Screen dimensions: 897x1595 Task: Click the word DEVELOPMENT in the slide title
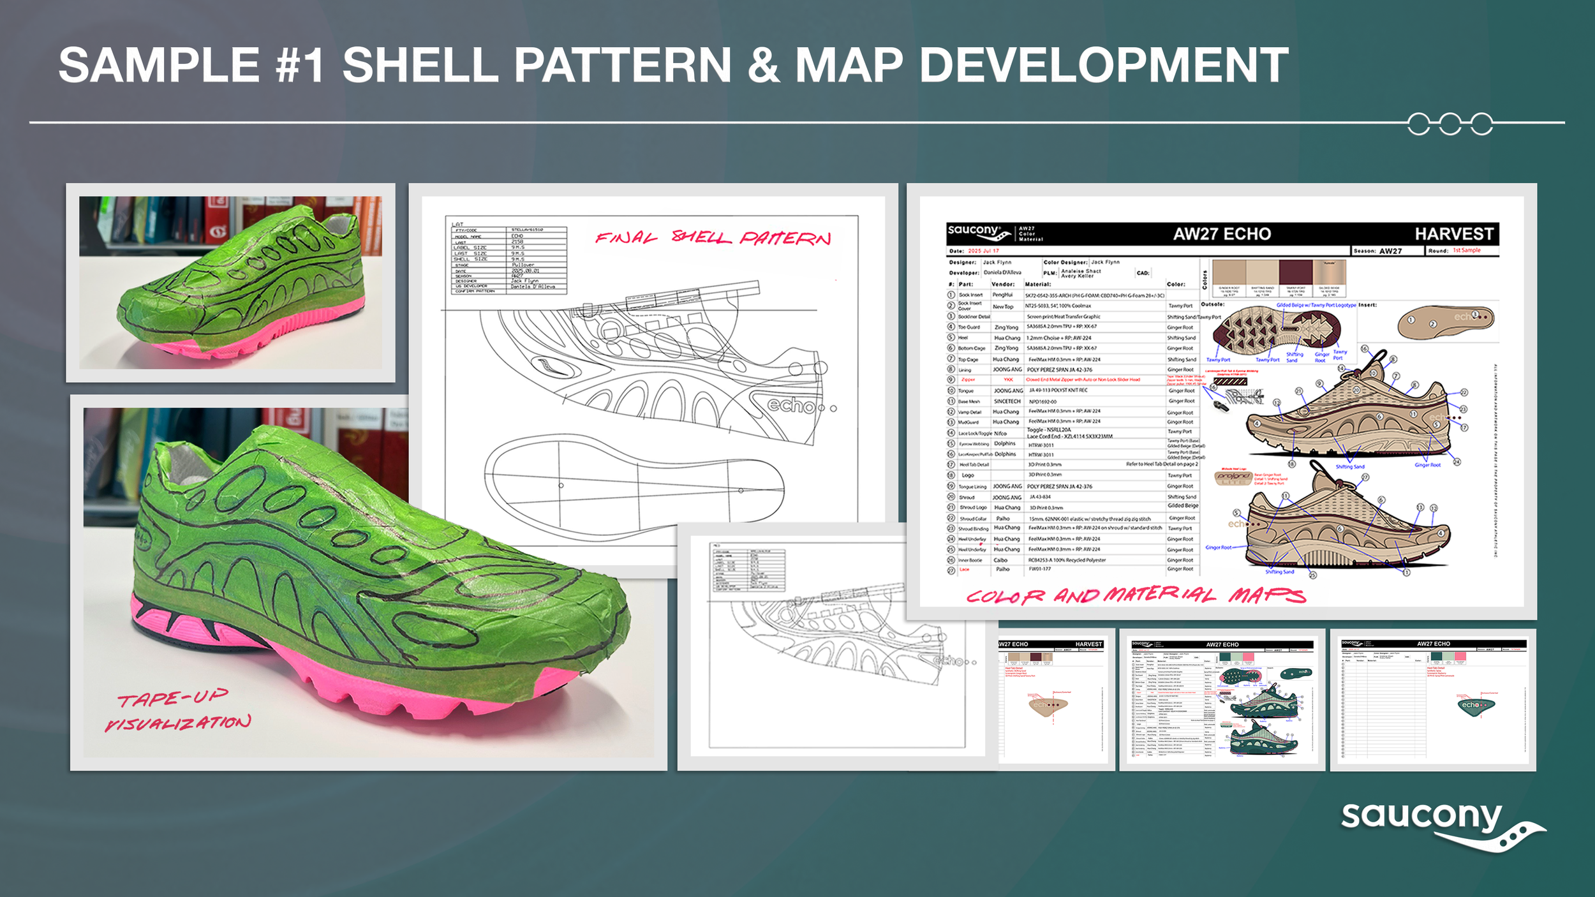click(x=1104, y=65)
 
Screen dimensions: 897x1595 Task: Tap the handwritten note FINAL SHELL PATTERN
click(x=713, y=238)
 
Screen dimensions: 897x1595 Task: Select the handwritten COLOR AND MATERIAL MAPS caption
click(x=1136, y=595)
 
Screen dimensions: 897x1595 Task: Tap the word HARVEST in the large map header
click(x=1453, y=234)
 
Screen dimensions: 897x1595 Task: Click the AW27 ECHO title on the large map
click(x=1222, y=234)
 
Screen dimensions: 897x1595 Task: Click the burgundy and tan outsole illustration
click(x=1275, y=330)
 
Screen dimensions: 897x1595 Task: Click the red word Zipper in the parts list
click(x=968, y=380)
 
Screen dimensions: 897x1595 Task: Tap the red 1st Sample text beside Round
click(x=1466, y=250)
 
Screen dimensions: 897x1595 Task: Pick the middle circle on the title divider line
click(x=1450, y=124)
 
